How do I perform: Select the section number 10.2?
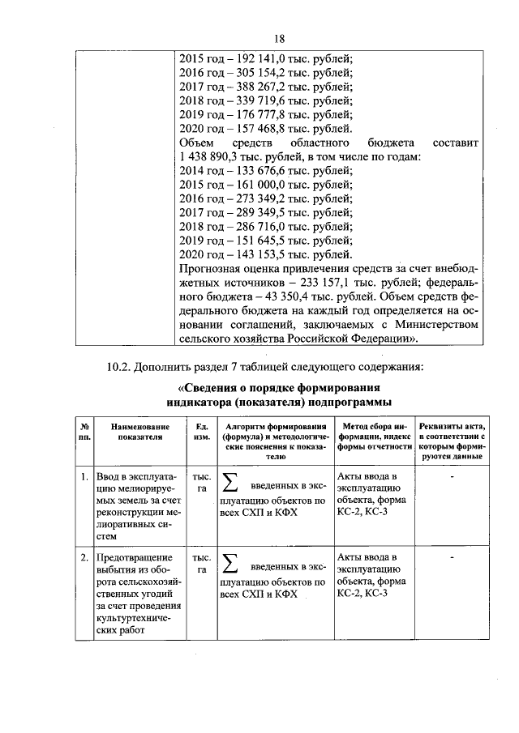tap(121, 368)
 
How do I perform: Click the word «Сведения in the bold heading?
tap(217, 387)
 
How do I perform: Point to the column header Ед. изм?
tap(201, 430)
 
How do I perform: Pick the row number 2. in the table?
tap(84, 559)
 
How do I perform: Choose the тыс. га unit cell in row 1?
tap(201, 483)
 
